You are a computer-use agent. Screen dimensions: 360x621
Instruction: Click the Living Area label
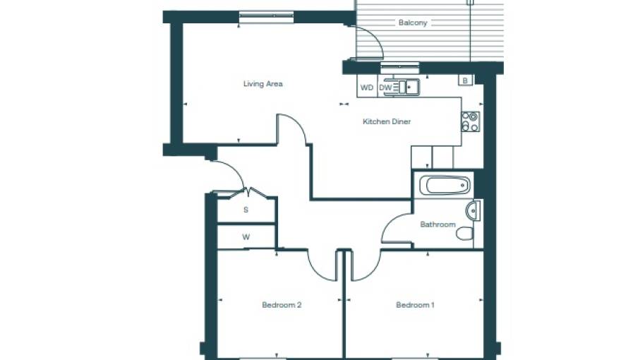click(263, 84)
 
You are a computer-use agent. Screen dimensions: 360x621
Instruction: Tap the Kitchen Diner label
click(386, 121)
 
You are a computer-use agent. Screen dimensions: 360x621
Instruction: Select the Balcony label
click(413, 23)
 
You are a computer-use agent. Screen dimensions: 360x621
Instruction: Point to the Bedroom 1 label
click(414, 305)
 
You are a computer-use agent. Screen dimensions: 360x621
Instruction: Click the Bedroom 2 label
click(282, 305)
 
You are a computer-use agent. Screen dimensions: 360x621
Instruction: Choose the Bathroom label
click(438, 224)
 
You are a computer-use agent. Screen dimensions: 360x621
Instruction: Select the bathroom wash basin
click(474, 210)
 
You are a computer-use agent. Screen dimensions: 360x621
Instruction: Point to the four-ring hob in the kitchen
click(470, 121)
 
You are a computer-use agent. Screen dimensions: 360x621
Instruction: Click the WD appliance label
click(366, 88)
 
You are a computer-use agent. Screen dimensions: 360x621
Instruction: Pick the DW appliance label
click(385, 88)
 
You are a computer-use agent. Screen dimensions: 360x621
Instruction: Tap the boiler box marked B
click(464, 80)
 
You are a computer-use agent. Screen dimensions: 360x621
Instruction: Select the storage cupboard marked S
click(246, 210)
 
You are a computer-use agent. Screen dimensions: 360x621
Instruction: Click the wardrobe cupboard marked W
click(246, 237)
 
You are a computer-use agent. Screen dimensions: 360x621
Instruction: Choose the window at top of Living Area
click(266, 16)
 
